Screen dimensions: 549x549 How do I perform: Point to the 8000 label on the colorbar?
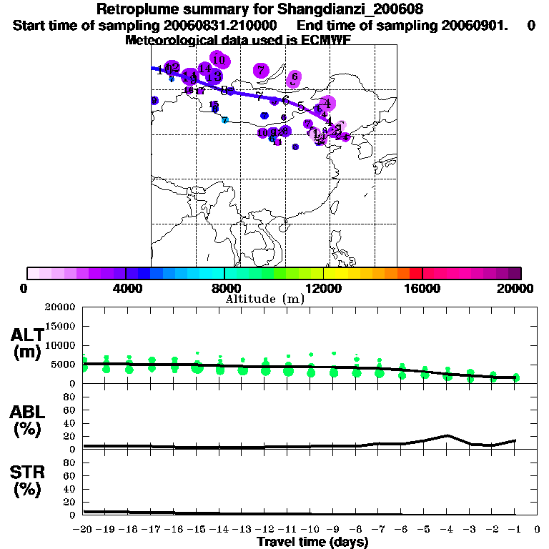224,288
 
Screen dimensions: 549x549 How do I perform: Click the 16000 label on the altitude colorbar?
422,288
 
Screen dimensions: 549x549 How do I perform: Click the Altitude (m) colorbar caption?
264,299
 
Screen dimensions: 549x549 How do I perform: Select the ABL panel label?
27,412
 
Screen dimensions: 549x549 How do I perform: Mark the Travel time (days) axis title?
312,543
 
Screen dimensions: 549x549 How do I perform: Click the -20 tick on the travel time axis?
84,530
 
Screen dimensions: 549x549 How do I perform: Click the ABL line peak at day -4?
447,435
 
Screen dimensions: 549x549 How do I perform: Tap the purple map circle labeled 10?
219,60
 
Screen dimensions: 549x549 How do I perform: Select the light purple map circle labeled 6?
294,76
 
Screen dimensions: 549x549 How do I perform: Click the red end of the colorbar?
415,273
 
